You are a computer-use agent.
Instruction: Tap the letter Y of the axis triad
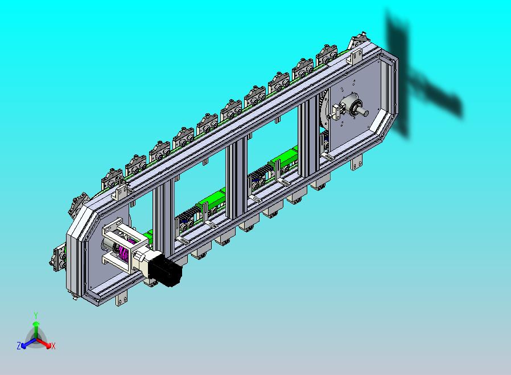(36, 315)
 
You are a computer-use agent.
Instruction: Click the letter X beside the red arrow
(53, 346)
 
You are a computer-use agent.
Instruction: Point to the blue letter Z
(19, 345)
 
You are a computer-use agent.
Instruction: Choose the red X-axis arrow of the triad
(44, 343)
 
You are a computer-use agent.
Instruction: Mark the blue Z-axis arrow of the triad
(28, 343)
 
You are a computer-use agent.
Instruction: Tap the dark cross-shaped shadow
(421, 78)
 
